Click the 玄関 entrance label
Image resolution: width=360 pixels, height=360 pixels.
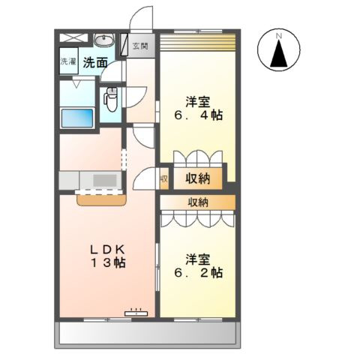[x=140, y=46]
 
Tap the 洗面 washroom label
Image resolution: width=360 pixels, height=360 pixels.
[x=95, y=62]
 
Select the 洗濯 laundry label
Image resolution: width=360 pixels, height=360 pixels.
[x=68, y=61]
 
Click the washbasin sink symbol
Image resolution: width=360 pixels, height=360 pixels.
[x=104, y=40]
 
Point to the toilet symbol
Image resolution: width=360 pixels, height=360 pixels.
[x=110, y=99]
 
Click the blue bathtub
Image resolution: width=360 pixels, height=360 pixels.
[x=77, y=118]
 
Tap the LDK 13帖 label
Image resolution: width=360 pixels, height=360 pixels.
[x=107, y=256]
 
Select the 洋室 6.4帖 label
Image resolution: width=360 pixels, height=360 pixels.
[x=198, y=108]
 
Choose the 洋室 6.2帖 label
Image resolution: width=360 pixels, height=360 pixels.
[x=198, y=266]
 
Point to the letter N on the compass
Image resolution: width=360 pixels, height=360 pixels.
[x=279, y=36]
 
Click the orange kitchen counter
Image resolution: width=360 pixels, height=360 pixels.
[x=102, y=200]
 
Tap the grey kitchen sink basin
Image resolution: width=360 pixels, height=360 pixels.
[x=105, y=180]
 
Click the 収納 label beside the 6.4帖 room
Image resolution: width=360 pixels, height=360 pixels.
[x=198, y=178]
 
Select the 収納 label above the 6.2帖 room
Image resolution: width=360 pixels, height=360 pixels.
[x=198, y=202]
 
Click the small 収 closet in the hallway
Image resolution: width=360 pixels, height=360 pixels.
[x=163, y=178]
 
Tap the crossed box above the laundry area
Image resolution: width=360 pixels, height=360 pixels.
[x=74, y=38]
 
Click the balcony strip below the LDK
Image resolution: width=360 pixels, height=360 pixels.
[x=148, y=332]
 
